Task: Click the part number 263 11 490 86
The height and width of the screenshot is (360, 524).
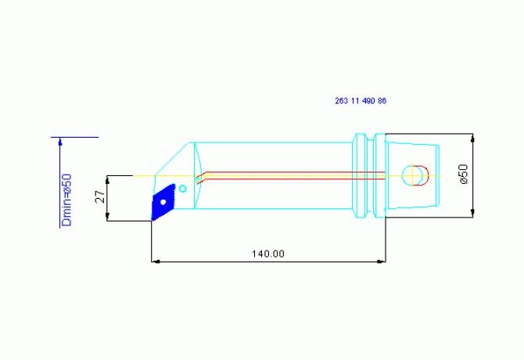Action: click(x=361, y=101)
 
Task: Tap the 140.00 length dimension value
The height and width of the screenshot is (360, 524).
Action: click(x=268, y=254)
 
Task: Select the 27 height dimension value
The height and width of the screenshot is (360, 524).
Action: click(x=100, y=197)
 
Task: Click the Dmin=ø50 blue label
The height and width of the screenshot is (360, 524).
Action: click(x=66, y=200)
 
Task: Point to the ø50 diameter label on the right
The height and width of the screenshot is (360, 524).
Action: click(x=464, y=174)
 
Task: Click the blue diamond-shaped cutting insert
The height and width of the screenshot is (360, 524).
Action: click(x=163, y=202)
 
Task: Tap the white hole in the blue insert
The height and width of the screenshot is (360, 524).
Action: click(x=163, y=202)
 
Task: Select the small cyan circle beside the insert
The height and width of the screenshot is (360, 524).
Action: click(x=182, y=189)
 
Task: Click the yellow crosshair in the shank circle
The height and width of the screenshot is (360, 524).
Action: click(x=413, y=175)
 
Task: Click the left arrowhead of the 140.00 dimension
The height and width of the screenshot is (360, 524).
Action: click(x=156, y=261)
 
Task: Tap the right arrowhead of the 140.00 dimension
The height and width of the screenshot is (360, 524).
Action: click(x=382, y=261)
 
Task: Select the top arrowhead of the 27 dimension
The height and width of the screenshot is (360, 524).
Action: click(x=107, y=181)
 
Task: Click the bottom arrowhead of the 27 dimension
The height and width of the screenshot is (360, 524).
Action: click(x=107, y=216)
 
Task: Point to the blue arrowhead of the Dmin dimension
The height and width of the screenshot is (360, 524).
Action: click(x=60, y=142)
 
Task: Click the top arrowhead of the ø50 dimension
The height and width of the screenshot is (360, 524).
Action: click(x=472, y=138)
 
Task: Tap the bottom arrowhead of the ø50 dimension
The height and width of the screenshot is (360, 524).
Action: click(x=472, y=213)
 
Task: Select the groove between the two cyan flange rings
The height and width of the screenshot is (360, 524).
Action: click(x=370, y=175)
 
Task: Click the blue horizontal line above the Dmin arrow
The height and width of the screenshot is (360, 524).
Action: click(x=74, y=137)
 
